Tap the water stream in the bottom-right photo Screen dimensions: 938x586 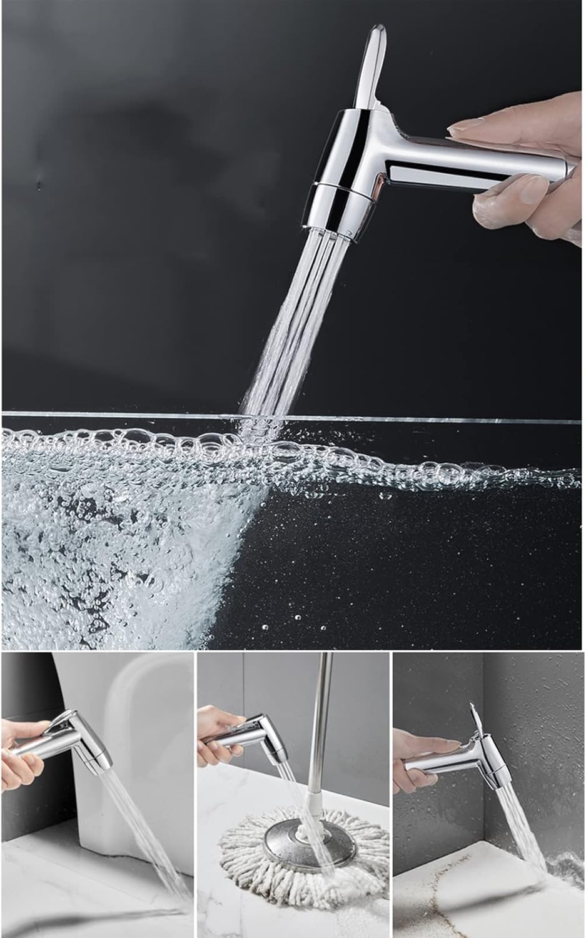click(x=519, y=838)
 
